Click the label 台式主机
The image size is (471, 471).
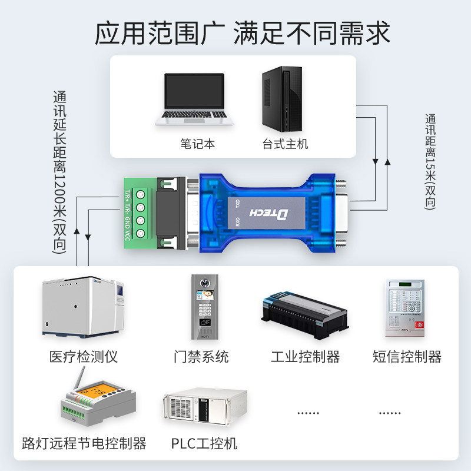coord(285,144)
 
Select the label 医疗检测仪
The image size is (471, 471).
coord(84,356)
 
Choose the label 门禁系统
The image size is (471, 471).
coord(201,356)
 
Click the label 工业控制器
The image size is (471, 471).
coord(305,356)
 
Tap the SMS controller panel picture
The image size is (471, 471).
coord(405,307)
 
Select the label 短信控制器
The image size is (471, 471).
coord(407,356)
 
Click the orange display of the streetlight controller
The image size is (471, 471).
coord(93,392)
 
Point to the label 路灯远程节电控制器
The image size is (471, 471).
coord(84,443)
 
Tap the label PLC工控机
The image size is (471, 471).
coord(204,443)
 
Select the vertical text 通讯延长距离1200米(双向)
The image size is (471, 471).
coord(60,171)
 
